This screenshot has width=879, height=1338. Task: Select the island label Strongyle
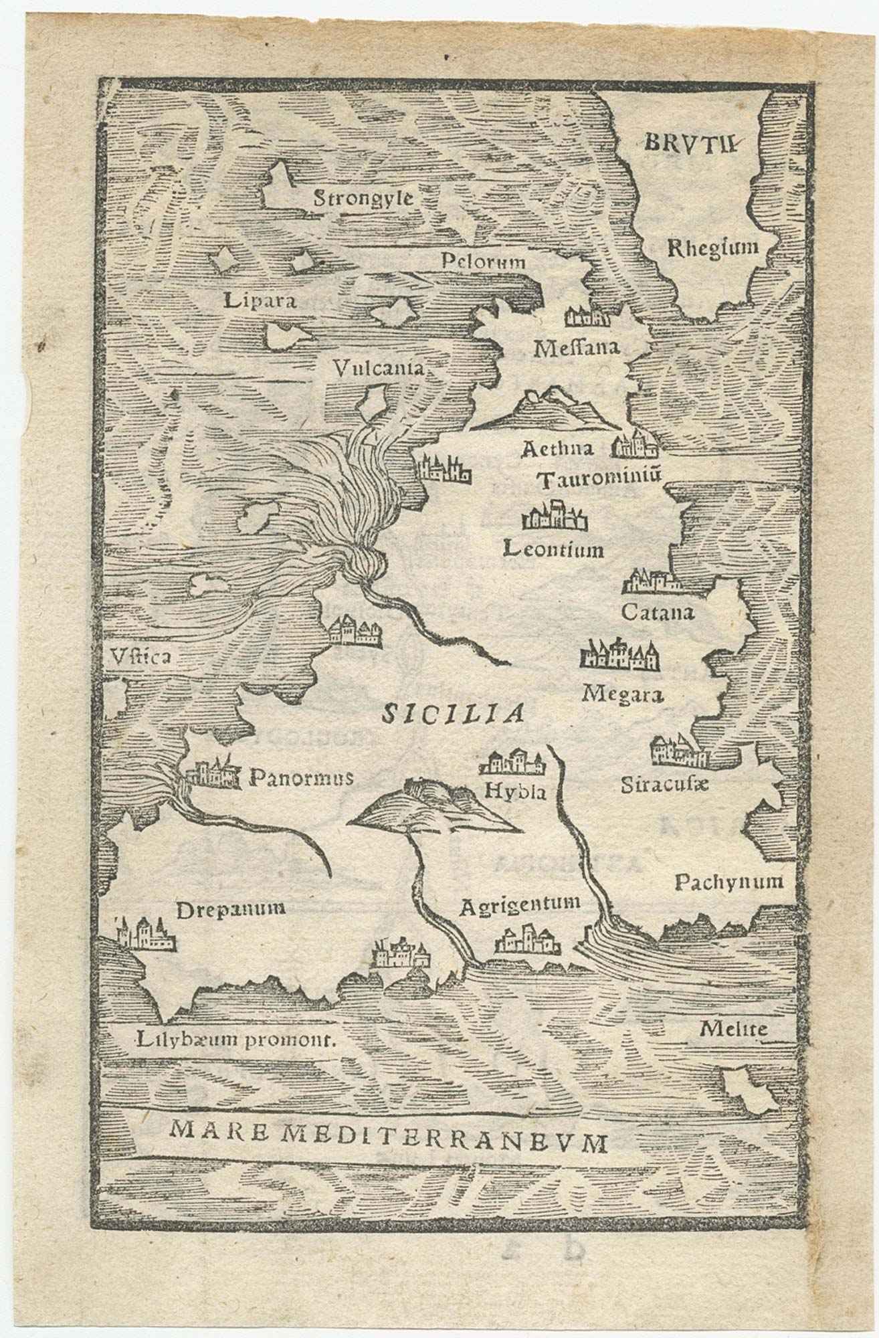coord(364,197)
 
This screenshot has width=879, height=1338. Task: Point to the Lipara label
coord(260,300)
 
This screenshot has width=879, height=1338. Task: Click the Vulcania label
coord(380,367)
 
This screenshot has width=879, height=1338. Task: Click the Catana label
coord(658,611)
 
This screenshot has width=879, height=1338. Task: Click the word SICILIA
coord(452,714)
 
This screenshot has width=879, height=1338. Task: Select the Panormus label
coord(301,777)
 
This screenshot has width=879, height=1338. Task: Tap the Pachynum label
coord(728,881)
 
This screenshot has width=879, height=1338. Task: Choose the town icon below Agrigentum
coord(528,940)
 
